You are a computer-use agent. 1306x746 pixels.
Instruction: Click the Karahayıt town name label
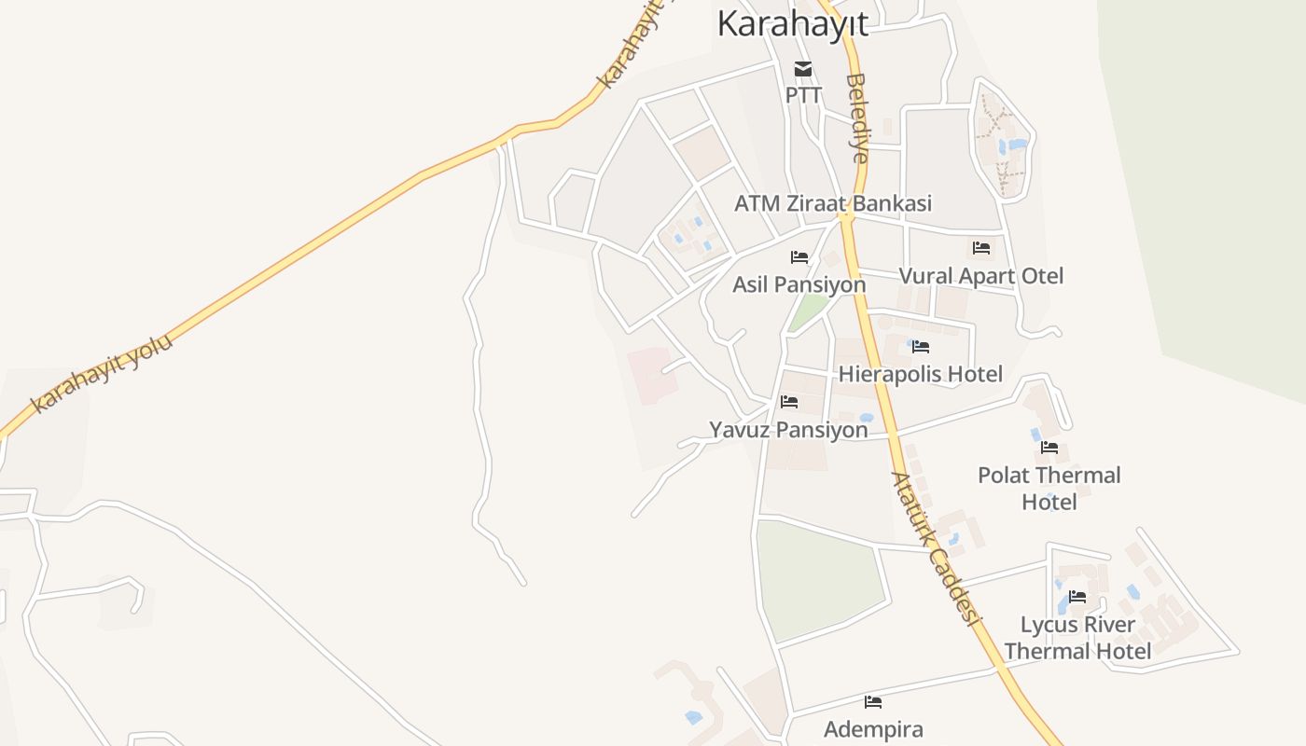[x=792, y=23]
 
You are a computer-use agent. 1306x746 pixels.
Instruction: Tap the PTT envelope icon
[x=802, y=69]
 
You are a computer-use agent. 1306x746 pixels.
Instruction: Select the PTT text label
[x=803, y=95]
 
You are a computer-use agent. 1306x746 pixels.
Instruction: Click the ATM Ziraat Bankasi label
[x=833, y=203]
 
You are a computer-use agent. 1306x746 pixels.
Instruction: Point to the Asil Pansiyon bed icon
[x=799, y=257]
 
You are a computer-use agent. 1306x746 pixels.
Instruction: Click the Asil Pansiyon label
[x=799, y=284]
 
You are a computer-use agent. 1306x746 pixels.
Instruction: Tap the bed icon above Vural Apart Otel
[x=981, y=248]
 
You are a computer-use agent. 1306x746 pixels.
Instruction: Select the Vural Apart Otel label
[x=980, y=276]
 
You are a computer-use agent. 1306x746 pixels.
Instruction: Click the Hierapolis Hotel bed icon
[x=921, y=347]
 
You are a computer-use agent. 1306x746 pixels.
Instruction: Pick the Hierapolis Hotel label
[x=921, y=375]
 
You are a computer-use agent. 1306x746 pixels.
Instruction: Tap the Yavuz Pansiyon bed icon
[x=789, y=403]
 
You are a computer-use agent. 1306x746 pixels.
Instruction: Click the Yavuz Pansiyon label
[x=788, y=430]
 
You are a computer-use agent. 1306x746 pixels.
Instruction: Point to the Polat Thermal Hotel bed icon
[x=1049, y=448]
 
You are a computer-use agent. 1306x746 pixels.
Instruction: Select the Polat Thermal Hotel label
[x=1049, y=489]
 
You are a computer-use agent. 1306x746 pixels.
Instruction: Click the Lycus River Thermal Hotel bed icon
[x=1077, y=597]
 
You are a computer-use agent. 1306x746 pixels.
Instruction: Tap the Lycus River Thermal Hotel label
[x=1077, y=638]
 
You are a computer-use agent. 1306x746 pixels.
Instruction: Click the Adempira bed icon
[x=873, y=702]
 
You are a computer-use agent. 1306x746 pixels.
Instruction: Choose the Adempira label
[x=873, y=729]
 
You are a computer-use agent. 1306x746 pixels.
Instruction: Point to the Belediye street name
[x=856, y=118]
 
